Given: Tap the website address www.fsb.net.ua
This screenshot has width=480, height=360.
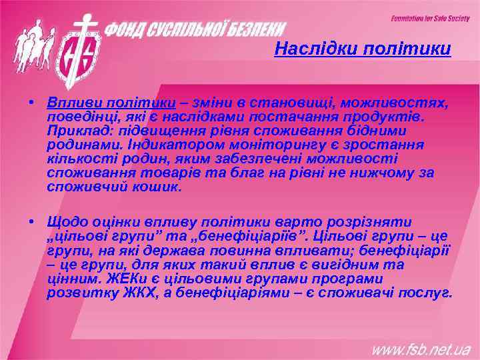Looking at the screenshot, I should (421, 348).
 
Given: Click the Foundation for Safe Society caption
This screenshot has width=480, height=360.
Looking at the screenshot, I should (430, 18).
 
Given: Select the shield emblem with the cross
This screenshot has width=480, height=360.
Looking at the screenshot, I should (79, 49).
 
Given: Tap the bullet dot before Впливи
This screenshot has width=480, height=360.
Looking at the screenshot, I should (31, 104).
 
